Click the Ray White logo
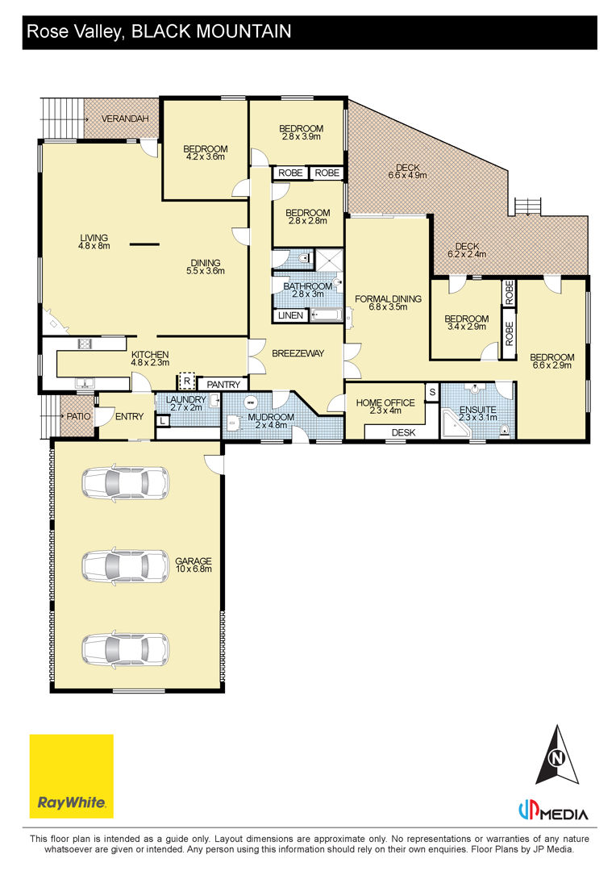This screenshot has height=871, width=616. [71, 776]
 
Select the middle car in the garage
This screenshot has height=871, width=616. [126, 566]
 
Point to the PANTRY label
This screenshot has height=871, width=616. [223, 385]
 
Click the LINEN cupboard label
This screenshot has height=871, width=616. [290, 315]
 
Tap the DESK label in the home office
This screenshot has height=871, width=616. [403, 432]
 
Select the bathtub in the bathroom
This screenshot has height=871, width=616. [327, 315]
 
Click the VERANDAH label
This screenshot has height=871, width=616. [125, 119]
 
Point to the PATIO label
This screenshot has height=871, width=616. [78, 416]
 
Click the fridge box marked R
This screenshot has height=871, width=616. [186, 381]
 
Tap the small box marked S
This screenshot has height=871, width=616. [432, 392]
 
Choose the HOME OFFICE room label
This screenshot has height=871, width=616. [385, 402]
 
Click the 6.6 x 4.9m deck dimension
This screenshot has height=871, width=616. [408, 176]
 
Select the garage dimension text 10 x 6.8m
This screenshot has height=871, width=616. [194, 569]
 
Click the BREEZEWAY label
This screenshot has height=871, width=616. [298, 352]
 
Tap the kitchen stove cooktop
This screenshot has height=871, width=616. [85, 344]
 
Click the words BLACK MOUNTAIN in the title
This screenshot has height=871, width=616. [211, 31]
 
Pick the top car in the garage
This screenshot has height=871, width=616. [126, 481]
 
